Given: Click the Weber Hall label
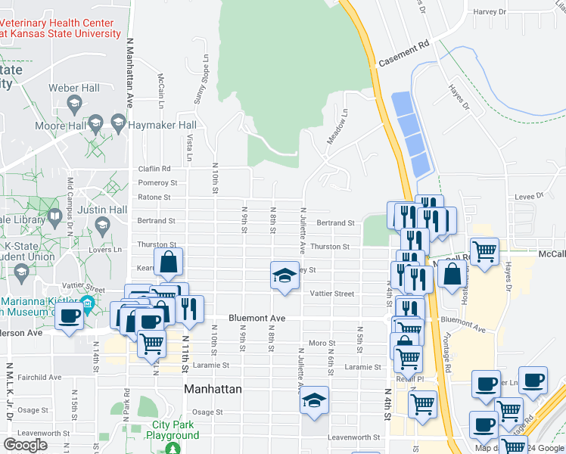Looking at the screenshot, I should pyautogui.click(x=74, y=89).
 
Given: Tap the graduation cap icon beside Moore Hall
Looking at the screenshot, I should pyautogui.click(x=95, y=123).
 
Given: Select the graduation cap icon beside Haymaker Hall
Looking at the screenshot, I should pyautogui.click(x=118, y=123).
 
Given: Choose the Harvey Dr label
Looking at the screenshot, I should pyautogui.click(x=489, y=12).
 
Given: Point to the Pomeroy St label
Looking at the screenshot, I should pyautogui.click(x=157, y=183).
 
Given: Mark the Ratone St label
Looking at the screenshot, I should pyautogui.click(x=154, y=197).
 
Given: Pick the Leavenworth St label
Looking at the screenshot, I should pyautogui.click(x=355, y=437).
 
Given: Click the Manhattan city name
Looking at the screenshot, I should pyautogui.click(x=213, y=389).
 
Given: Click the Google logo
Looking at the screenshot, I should pyautogui.click(x=26, y=445).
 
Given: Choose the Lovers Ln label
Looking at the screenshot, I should pyautogui.click(x=107, y=250).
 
